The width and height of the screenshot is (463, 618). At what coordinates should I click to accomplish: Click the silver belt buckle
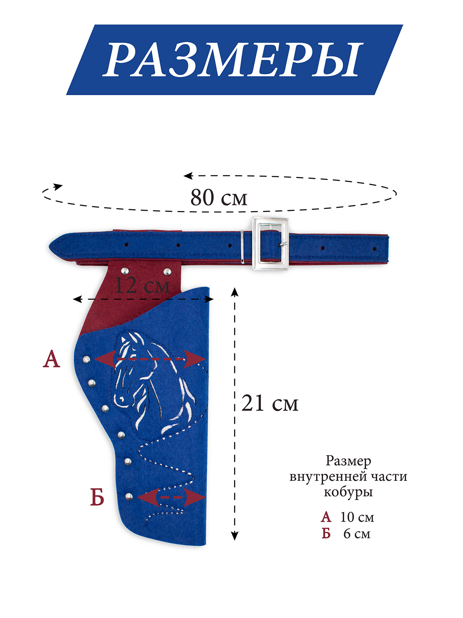tap(270, 243)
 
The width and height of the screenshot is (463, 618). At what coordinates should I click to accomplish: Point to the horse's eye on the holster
tap(122, 399)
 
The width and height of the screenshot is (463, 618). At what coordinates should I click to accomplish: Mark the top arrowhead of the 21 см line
tap(235, 292)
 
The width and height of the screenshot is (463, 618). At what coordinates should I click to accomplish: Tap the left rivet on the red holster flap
tap(125, 271)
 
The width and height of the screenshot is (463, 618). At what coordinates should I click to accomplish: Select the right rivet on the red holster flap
tap(167, 272)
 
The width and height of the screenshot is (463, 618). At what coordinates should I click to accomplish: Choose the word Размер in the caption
tap(348, 461)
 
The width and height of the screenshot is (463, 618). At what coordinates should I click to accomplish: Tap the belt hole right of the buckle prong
tap(323, 248)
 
